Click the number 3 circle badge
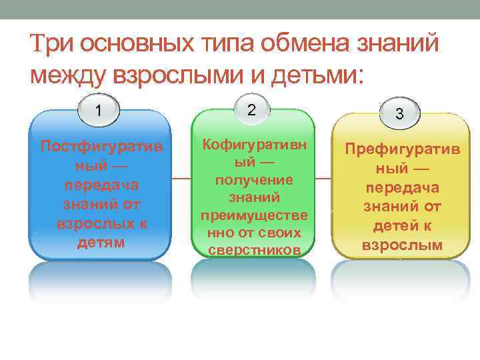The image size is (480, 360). tap(399, 114)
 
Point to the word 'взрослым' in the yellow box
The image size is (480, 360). tap(401, 245)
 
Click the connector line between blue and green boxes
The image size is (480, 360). tap(181, 179)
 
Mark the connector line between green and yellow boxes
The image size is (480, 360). tap(323, 179)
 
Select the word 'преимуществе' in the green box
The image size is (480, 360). tap(253, 215)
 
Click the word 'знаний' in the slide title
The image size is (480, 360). tap(406, 45)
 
